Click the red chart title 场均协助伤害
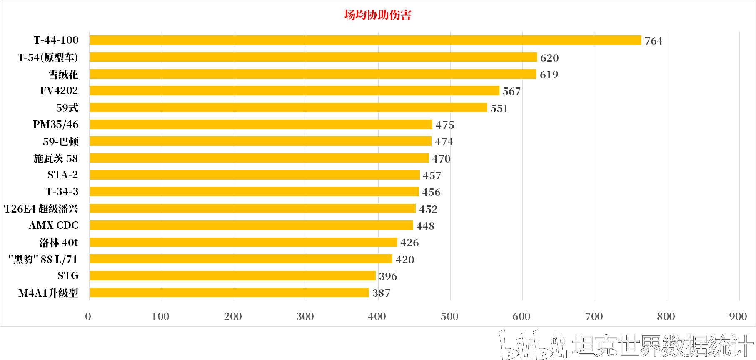pos(377,15)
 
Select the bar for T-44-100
pos(365,40)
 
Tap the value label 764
pos(653,41)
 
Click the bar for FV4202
pos(294,91)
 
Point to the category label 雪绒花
pos(63,75)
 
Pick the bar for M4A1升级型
pos(229,293)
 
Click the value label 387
pos(381,293)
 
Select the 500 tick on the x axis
pos(449,316)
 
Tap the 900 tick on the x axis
pos(738,316)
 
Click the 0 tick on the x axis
pos(88,316)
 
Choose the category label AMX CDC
pos(54,225)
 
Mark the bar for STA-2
pos(254,175)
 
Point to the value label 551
pos(499,108)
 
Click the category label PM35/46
pos(56,125)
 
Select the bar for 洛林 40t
pos(243,242)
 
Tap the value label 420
pos(404,260)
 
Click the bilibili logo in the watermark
pos(533,345)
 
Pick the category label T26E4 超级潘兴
pos(41,209)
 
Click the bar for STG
pos(232,276)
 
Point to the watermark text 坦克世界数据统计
pos(662,345)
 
